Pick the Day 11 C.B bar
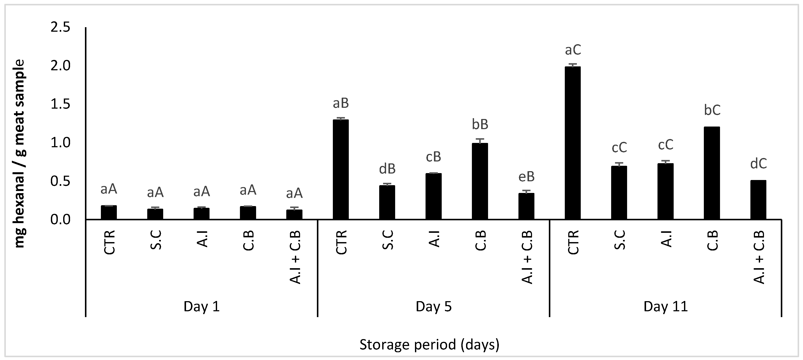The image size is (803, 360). (x=712, y=173)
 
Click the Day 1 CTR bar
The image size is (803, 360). (x=109, y=212)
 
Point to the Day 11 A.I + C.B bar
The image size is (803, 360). (x=758, y=200)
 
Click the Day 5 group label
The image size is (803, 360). (x=434, y=307)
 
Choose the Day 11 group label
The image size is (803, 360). (x=665, y=307)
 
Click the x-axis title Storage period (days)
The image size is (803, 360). (x=429, y=345)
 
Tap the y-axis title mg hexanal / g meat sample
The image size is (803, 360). (x=19, y=154)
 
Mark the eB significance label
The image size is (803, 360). (x=526, y=177)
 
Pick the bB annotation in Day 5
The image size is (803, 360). (x=480, y=124)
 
